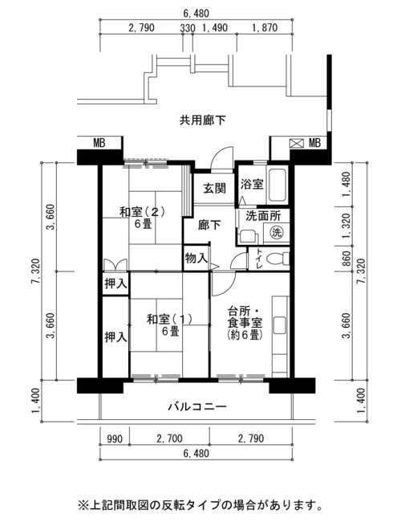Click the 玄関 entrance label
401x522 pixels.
[x=214, y=189]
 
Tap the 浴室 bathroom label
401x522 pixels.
[x=252, y=184]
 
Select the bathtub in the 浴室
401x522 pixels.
[x=277, y=186]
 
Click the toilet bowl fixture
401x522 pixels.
[x=278, y=259]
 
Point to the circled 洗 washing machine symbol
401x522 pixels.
[x=277, y=232]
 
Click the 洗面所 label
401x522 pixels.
[x=263, y=216]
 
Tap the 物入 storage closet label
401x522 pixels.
[x=196, y=258]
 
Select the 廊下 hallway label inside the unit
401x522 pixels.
[x=209, y=225]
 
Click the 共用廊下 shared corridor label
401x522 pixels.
[x=202, y=120]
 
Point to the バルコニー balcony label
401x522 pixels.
[x=196, y=406]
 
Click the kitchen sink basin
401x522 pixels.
[x=279, y=325]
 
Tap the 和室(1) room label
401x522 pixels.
[x=169, y=320]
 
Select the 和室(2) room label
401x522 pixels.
[x=142, y=212]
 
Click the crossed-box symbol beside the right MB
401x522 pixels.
[x=297, y=144]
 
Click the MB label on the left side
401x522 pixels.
[x=99, y=143]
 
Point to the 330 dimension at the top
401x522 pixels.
[x=188, y=28]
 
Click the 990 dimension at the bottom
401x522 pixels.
[x=115, y=438]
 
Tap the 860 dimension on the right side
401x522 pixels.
[x=346, y=259]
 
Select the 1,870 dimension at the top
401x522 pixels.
[x=265, y=27]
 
